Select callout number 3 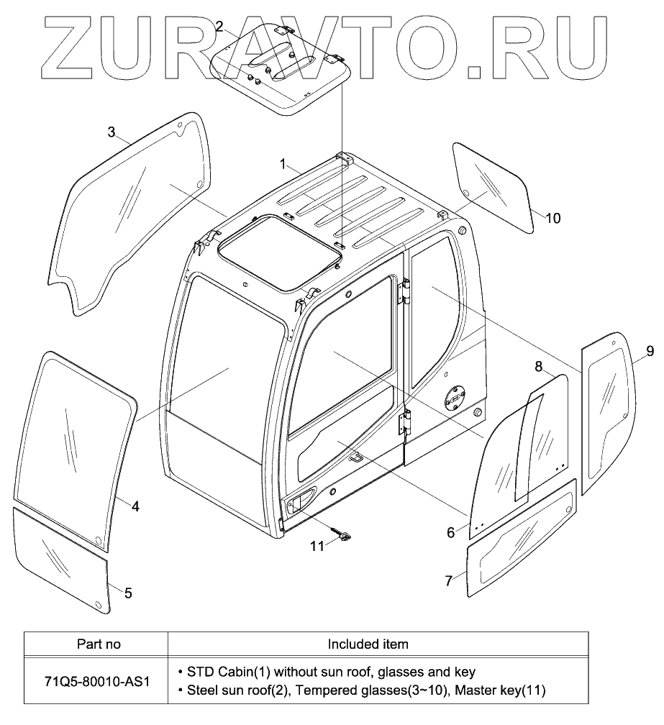112,132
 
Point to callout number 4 135,506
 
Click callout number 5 128,593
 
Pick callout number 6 451,532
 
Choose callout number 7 449,580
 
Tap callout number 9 650,351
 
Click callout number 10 552,218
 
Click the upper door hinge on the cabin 404,291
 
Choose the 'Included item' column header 368,644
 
